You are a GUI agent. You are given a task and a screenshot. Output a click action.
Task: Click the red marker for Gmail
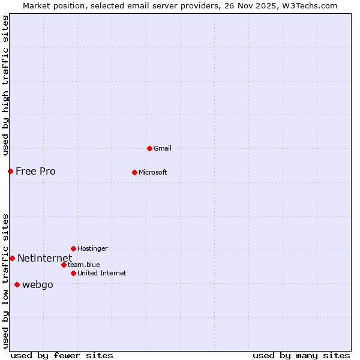pos(149,148)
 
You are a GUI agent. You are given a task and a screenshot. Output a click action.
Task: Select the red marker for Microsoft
pos(134,172)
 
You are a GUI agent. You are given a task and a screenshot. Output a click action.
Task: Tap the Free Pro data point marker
pos(10,171)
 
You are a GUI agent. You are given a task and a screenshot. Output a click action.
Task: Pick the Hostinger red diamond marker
pos(73,248)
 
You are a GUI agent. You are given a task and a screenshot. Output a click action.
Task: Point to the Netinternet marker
pos(12,258)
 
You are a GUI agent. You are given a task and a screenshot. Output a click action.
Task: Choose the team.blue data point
pos(64,265)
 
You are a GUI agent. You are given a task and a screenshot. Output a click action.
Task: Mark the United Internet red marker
pos(73,273)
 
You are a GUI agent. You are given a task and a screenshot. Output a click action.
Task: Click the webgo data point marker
pos(17,284)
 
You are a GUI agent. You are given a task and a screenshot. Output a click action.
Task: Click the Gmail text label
pos(163,148)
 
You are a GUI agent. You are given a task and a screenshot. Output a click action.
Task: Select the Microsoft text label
pos(152,172)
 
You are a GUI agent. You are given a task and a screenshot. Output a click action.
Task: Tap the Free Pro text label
pos(35,171)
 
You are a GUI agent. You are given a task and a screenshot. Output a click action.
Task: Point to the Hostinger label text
pos(92,248)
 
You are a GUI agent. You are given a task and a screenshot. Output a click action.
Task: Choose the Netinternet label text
pos(44,258)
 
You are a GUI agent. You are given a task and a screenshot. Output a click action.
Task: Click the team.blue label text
pos(83,265)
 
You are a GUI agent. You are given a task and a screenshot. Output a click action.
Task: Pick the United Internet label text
pos(101,273)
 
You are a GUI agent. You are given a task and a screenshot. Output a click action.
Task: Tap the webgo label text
pos(37,284)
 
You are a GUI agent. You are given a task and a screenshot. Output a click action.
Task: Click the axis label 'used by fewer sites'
pos(62,355)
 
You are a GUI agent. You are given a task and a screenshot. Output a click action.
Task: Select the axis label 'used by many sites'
pos(301,355)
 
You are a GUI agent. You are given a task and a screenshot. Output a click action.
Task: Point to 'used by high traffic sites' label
pos(5,85)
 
